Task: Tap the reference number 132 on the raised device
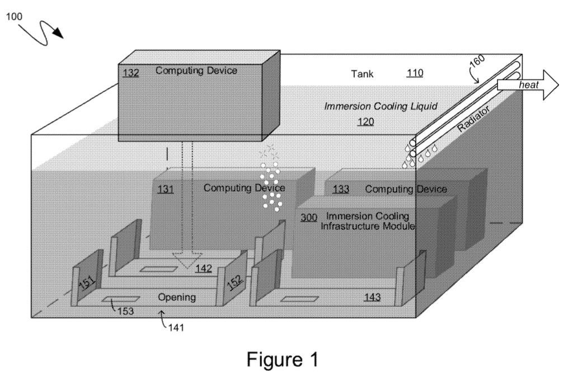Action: (131, 73)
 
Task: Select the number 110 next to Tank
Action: (415, 73)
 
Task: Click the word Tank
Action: (362, 73)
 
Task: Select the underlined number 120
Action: (366, 121)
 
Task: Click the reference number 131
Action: (165, 189)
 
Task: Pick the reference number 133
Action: (341, 190)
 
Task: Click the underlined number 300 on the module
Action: (309, 218)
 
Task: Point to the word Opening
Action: (176, 297)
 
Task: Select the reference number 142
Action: (203, 269)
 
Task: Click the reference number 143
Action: (372, 297)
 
